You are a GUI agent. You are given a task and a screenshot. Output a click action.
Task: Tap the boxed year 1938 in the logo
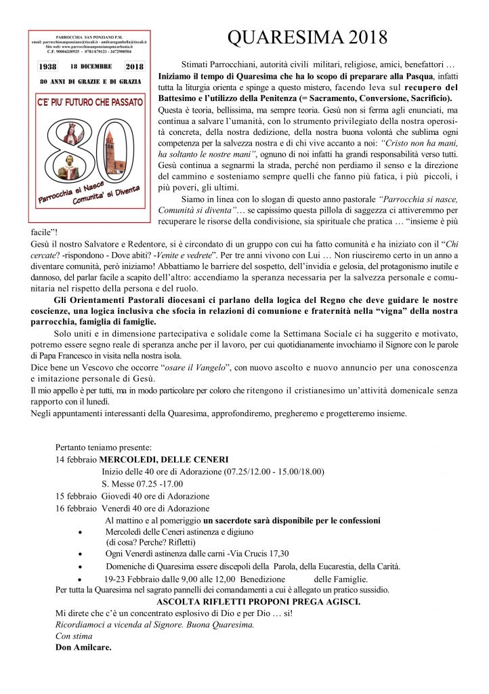click(47, 67)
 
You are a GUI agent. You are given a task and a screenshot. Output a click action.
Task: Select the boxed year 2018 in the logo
click(134, 67)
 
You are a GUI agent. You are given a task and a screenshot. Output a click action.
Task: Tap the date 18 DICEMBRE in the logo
click(91, 67)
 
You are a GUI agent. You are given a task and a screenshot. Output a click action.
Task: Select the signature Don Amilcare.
click(83, 647)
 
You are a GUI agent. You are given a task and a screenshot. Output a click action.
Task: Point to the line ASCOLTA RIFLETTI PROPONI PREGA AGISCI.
click(258, 601)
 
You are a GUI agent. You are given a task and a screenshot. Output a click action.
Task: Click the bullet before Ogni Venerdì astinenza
click(81, 554)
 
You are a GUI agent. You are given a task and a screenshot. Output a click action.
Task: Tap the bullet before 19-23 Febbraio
click(81, 579)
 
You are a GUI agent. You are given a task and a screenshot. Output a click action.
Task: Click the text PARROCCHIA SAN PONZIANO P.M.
click(90, 35)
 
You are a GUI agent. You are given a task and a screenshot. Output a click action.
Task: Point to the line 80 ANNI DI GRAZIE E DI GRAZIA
click(90, 81)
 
